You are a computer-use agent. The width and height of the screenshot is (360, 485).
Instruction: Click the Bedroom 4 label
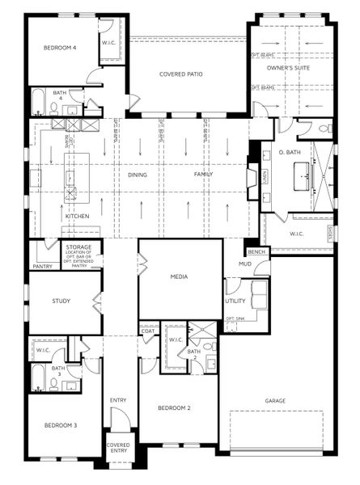click(59, 48)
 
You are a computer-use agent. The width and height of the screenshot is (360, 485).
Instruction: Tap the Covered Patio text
click(180, 74)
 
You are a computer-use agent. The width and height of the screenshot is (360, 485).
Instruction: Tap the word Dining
click(138, 175)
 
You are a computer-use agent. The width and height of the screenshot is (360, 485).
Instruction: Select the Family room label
click(203, 175)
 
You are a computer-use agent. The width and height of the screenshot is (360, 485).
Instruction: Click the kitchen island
click(74, 175)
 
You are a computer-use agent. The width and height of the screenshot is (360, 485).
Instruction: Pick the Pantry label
click(42, 266)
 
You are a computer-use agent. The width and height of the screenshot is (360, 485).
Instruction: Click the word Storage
click(78, 247)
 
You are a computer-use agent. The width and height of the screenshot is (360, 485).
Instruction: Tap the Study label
click(61, 302)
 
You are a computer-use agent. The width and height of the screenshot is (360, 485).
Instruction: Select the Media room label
click(179, 276)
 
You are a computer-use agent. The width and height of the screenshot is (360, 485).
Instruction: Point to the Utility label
click(235, 302)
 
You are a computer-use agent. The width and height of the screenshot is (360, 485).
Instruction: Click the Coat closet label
click(148, 331)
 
